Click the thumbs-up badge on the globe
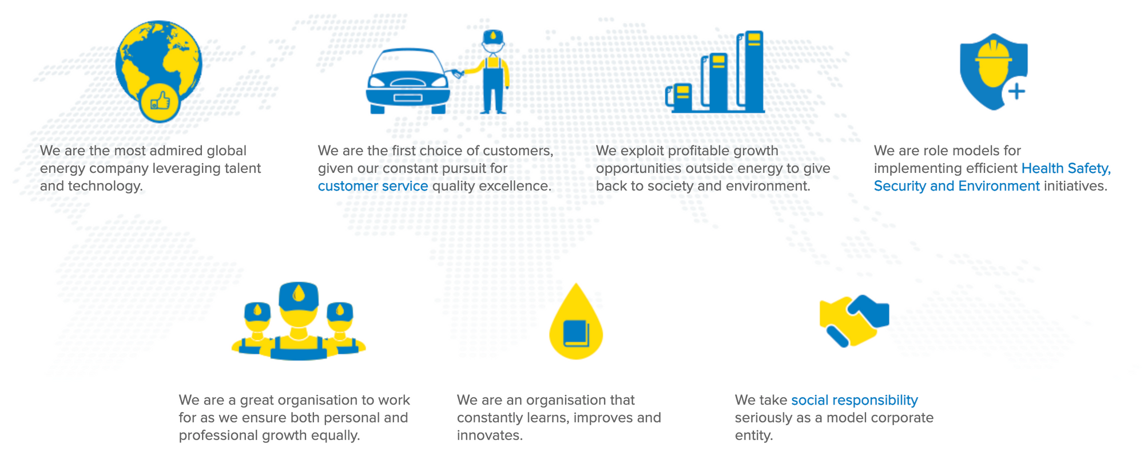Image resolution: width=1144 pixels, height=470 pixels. [x=160, y=102]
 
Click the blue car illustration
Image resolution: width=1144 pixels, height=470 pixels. [x=408, y=81]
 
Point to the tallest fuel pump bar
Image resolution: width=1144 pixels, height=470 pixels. [x=752, y=71]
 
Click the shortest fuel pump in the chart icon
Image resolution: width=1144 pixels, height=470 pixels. [x=680, y=98]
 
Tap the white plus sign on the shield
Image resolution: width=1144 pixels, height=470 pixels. [x=1016, y=91]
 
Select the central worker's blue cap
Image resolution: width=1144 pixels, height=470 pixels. [x=298, y=295]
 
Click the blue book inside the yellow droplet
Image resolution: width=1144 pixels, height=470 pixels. [x=576, y=334]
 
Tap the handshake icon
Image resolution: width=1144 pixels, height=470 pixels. [x=854, y=321]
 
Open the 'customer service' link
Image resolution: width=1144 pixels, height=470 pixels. [x=373, y=186]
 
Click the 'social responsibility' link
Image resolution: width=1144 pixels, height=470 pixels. [x=855, y=400]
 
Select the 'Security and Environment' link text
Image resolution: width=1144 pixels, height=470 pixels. [x=956, y=186]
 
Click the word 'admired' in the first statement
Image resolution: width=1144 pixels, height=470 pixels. [x=176, y=151]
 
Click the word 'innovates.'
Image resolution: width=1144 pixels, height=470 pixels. [x=490, y=435]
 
